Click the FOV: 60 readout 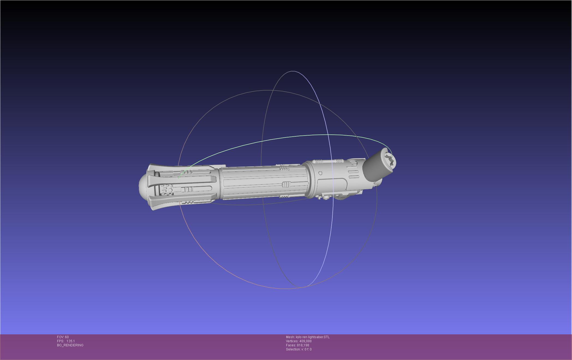(x=63, y=337)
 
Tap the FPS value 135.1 (x=70, y=341)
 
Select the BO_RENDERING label (x=70, y=345)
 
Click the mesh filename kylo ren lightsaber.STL (x=313, y=337)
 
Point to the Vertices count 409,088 (x=305, y=341)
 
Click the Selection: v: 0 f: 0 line (x=299, y=349)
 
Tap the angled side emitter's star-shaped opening (x=390, y=160)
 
